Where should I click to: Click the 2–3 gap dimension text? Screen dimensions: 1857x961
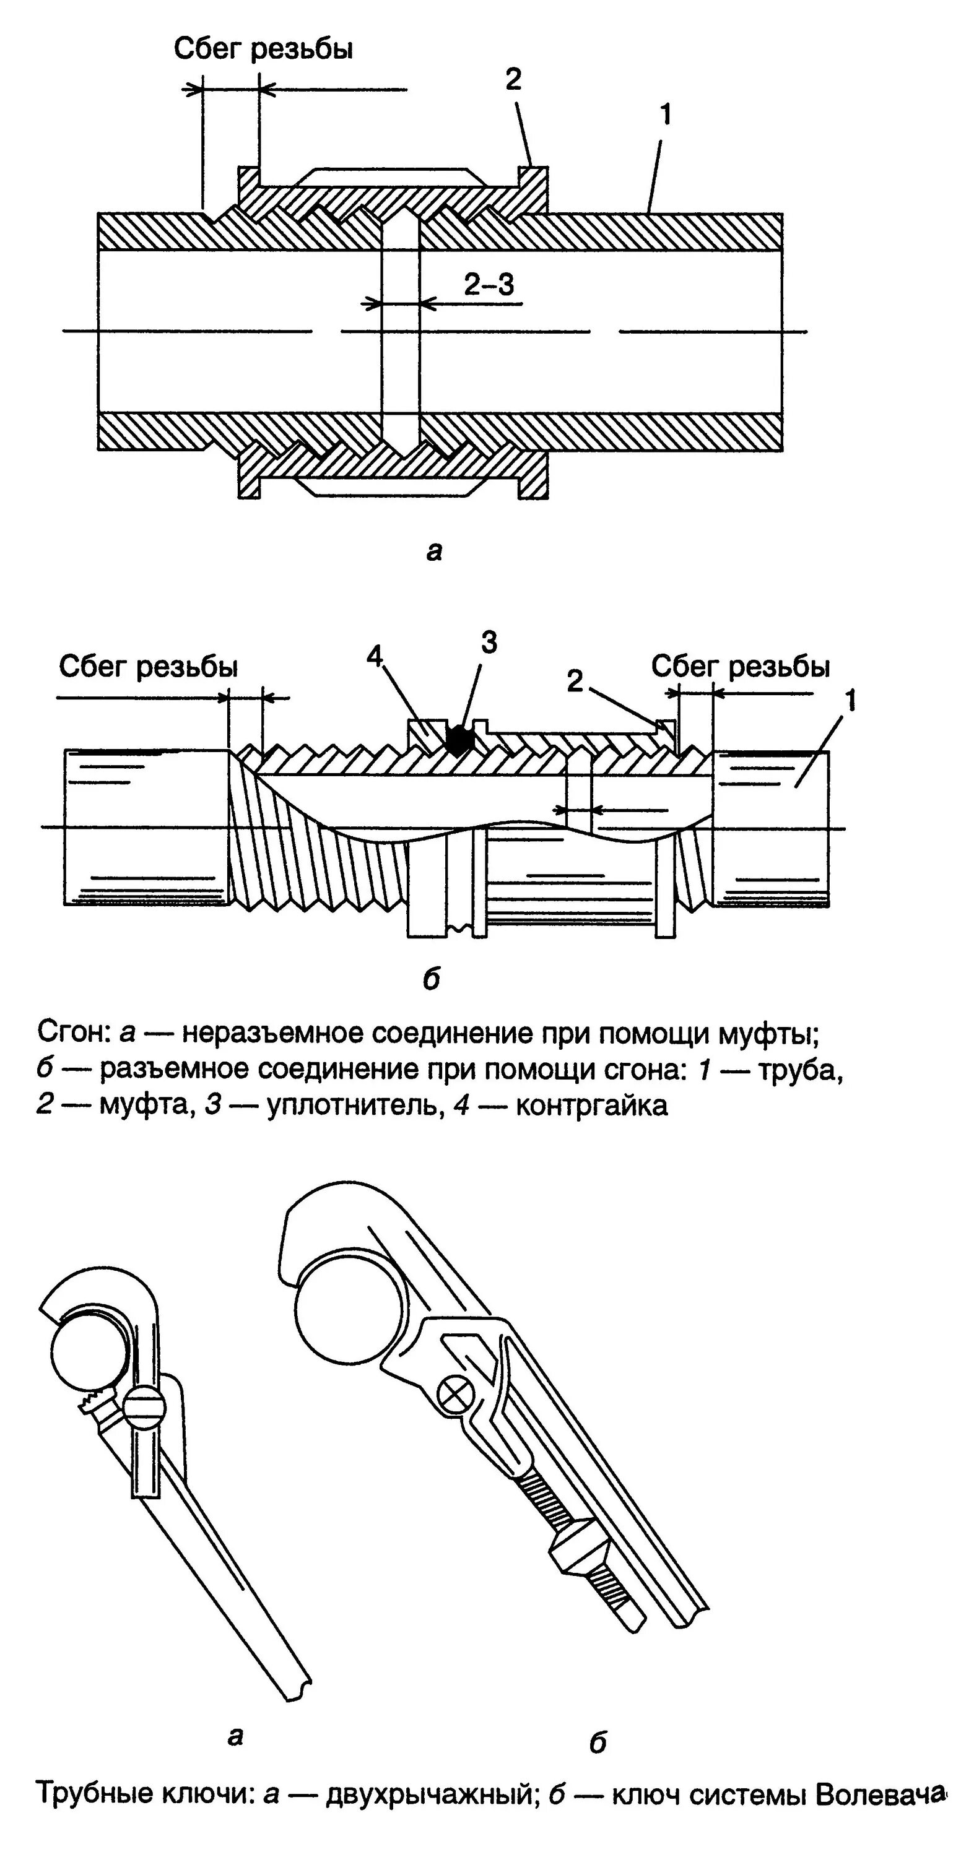coord(489,285)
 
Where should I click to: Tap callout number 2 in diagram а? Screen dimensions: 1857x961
coord(513,79)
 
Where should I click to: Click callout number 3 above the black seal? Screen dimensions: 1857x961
coord(489,643)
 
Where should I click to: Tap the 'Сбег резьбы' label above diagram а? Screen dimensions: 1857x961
coord(263,49)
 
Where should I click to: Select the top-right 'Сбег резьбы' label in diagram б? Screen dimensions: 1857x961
coord(740,667)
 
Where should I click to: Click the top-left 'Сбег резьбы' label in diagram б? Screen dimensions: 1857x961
coord(149,667)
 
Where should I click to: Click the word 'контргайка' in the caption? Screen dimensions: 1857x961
coord(592,1105)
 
